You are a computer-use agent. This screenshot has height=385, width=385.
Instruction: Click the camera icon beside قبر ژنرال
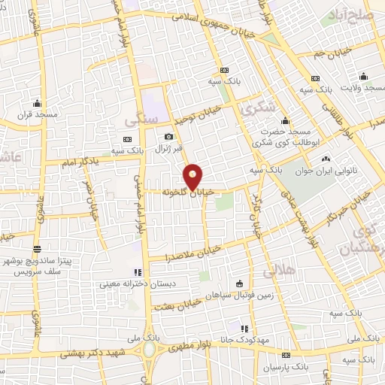tap(169, 137)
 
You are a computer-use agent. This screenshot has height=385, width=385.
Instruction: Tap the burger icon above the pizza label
tap(37, 249)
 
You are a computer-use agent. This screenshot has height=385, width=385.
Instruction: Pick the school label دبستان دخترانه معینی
tap(137, 284)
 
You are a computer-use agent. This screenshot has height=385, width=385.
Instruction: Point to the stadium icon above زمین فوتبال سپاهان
tap(240, 283)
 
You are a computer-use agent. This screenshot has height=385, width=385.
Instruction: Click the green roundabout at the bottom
tap(150, 350)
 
